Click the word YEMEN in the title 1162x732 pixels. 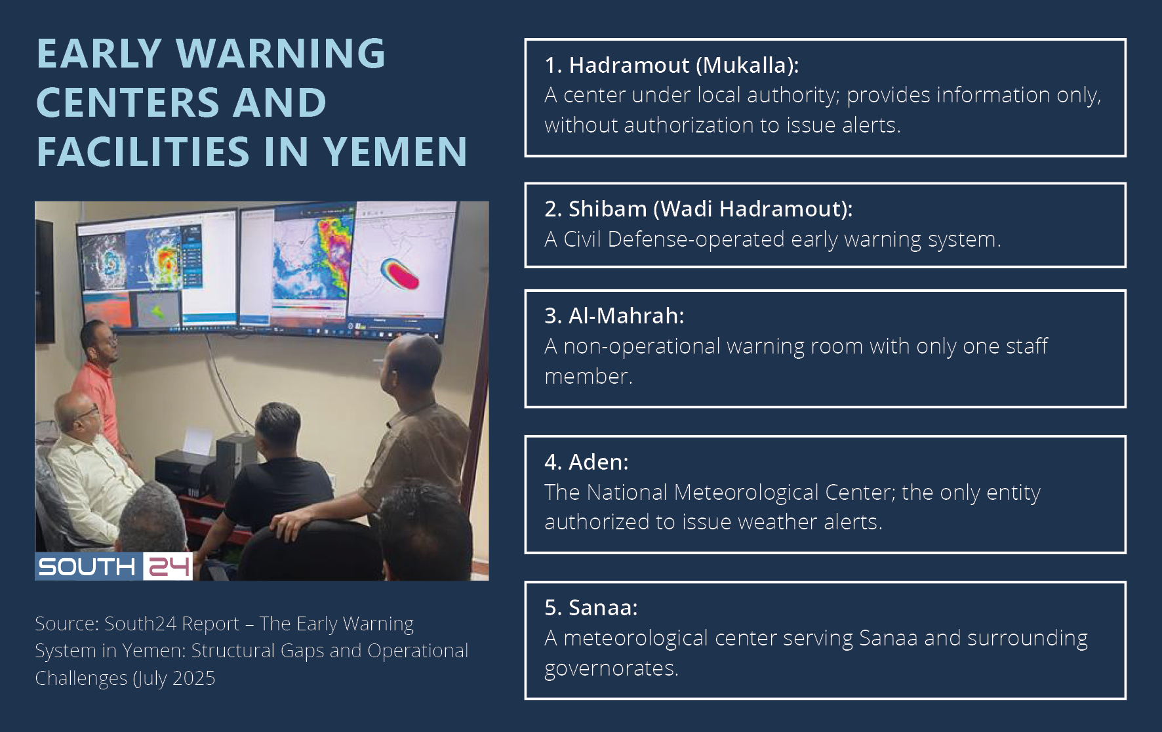(x=395, y=152)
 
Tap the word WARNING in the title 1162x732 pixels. (x=281, y=53)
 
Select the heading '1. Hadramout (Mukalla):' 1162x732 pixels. (x=671, y=65)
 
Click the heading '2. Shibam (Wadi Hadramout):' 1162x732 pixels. (x=698, y=209)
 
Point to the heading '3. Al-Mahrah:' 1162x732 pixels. (x=614, y=315)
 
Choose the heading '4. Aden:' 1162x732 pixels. (x=586, y=462)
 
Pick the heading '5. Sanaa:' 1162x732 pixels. (x=591, y=607)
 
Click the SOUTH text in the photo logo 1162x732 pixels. (x=87, y=567)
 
